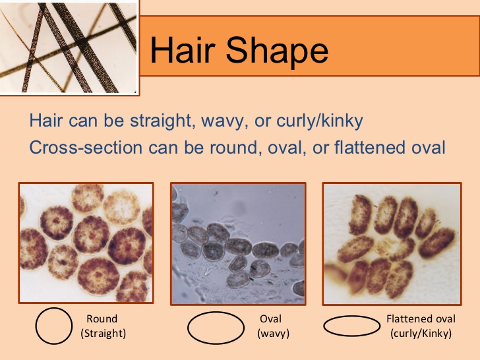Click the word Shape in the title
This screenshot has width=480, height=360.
coord(276,51)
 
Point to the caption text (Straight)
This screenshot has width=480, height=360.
coord(103,334)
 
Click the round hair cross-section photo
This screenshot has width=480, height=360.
coord(86,243)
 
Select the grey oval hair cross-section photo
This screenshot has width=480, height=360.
coord(238,243)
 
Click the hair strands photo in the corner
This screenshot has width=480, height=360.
coord(69,45)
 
